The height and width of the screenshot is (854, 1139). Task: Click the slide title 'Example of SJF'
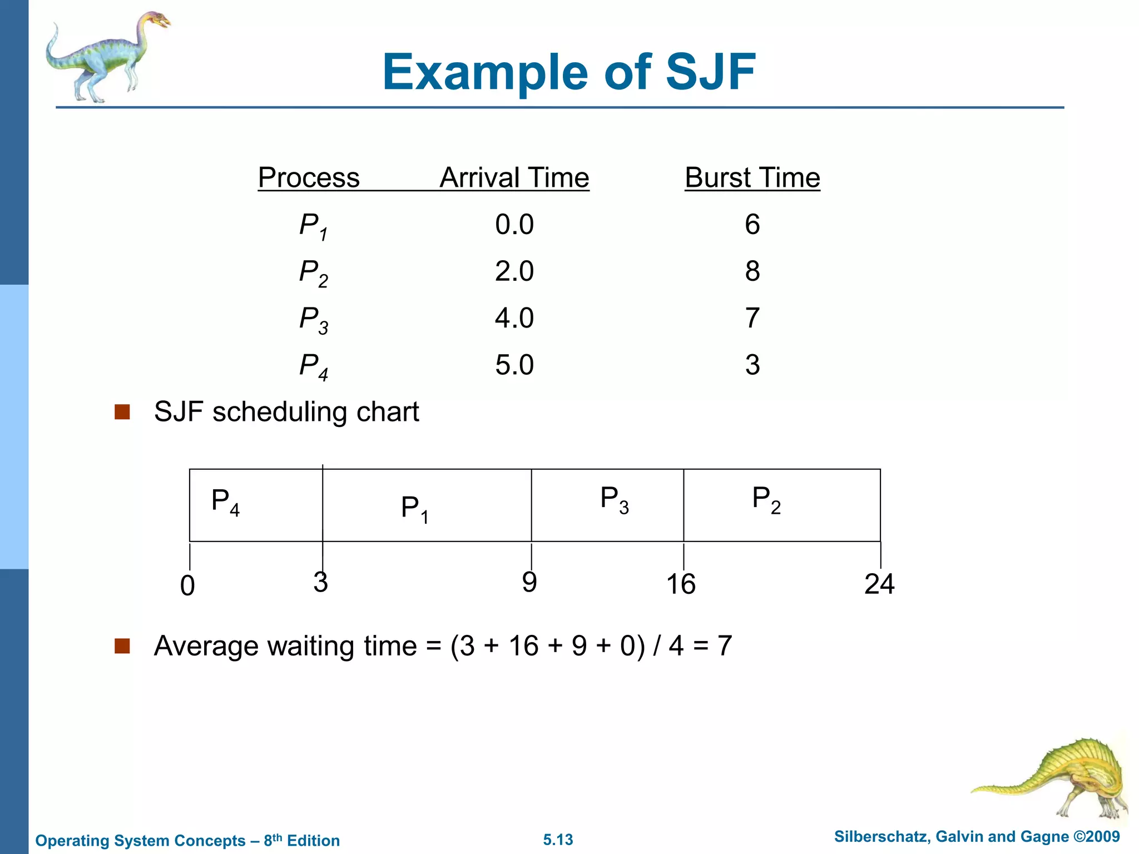pos(568,72)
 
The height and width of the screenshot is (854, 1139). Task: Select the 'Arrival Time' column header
pos(514,178)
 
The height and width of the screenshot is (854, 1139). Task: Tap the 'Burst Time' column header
pos(752,178)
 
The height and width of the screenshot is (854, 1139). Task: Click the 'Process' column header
pos(309,178)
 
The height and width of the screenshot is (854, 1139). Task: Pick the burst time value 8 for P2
pos(752,271)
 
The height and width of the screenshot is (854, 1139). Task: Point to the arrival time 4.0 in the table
pos(514,318)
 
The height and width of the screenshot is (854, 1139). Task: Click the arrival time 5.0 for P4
pos(514,365)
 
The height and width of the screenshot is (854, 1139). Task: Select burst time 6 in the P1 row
pos(752,225)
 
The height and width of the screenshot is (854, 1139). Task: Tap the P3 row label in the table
pos(313,320)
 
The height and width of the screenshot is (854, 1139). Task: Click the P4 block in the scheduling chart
pos(256,505)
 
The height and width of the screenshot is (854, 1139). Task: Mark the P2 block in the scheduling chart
pos(781,505)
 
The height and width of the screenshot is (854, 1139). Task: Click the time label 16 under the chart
pos(681,584)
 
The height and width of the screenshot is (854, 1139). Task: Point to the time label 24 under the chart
pos(879,584)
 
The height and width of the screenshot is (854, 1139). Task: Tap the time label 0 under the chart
pos(188,586)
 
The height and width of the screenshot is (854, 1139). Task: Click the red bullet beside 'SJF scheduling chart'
pos(122,412)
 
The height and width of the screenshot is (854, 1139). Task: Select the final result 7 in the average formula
pos(724,646)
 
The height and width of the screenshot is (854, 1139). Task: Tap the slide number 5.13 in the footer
pos(558,840)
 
